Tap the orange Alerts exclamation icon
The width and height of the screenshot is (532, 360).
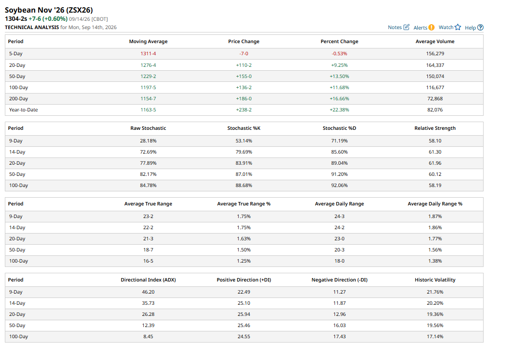click(431, 28)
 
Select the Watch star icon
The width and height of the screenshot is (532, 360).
click(458, 27)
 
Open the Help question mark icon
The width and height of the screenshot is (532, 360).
click(480, 28)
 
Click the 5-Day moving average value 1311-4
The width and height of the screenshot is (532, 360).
click(148, 54)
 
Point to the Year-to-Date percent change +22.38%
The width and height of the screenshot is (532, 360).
click(339, 110)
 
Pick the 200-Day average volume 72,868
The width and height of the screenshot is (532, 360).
click(435, 98)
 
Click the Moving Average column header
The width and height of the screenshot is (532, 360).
click(148, 42)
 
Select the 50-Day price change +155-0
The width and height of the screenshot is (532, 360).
click(243, 77)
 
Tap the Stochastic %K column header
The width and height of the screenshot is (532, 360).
click(243, 128)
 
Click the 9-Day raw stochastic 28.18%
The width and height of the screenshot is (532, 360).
click(148, 141)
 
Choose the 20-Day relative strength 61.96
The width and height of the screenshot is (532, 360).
click(435, 163)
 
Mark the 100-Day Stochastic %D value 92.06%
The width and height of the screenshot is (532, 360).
click(339, 186)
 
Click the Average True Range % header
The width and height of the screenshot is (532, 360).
click(243, 204)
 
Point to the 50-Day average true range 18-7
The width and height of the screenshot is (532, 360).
click(148, 250)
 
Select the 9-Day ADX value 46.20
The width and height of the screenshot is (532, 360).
click(148, 292)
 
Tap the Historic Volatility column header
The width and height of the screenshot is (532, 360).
click(435, 280)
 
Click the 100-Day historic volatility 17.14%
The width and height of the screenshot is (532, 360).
click(435, 337)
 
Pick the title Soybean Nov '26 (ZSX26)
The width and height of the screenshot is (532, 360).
click(49, 10)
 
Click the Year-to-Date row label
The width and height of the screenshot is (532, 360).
click(23, 110)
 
